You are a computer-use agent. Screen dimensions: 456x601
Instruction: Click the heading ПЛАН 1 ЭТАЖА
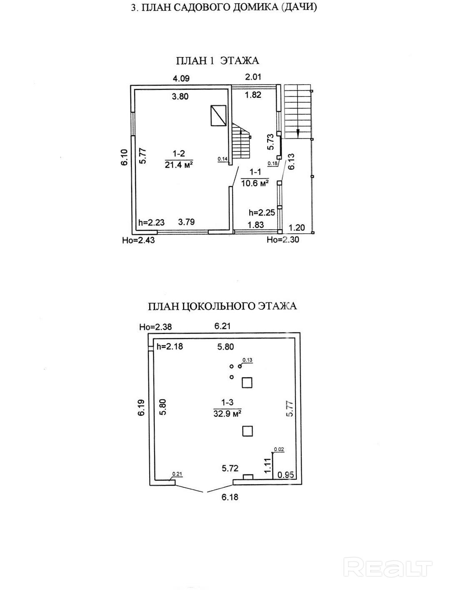point(217,61)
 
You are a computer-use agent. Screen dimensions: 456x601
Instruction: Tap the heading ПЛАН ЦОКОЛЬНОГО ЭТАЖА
point(222,307)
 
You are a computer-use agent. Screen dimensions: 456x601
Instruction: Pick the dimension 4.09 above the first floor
point(181,78)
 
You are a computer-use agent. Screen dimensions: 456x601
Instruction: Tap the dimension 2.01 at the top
point(253,76)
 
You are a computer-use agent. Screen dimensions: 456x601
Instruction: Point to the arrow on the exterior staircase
point(298,132)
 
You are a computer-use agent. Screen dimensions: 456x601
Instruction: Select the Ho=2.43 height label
point(138,240)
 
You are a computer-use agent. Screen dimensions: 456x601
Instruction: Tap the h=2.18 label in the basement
point(169,347)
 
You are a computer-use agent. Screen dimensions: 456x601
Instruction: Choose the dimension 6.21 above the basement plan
point(222,326)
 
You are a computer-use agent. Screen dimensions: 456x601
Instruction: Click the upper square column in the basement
point(247,382)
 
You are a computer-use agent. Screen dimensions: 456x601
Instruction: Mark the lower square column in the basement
point(247,431)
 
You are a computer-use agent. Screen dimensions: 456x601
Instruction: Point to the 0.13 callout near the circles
point(248,360)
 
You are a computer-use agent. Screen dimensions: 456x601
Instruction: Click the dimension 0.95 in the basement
point(286,474)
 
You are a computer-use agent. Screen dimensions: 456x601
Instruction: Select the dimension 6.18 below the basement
point(230,497)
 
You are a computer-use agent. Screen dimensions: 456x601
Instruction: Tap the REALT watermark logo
point(389,568)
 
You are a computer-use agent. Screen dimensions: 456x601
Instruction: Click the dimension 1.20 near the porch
point(296,228)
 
